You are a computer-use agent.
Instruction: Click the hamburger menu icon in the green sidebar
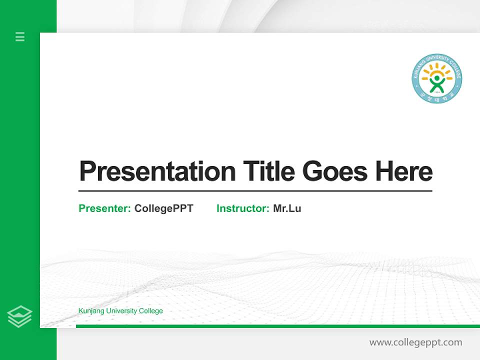20,36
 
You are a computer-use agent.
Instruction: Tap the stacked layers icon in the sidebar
19,316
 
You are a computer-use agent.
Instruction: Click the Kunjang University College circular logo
437,79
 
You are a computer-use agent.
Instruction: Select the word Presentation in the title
157,171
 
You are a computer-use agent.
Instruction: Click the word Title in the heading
269,171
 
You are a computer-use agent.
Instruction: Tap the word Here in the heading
404,171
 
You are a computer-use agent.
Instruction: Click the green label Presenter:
104,208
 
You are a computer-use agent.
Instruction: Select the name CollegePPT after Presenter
163,208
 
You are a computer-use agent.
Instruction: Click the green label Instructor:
242,208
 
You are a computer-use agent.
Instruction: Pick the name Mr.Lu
287,208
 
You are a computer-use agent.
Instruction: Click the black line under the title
255,190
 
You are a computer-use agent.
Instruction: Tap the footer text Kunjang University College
120,311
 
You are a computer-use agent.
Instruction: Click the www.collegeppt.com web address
415,342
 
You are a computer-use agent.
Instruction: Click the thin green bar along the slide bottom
277,326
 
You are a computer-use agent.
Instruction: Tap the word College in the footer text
151,311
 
